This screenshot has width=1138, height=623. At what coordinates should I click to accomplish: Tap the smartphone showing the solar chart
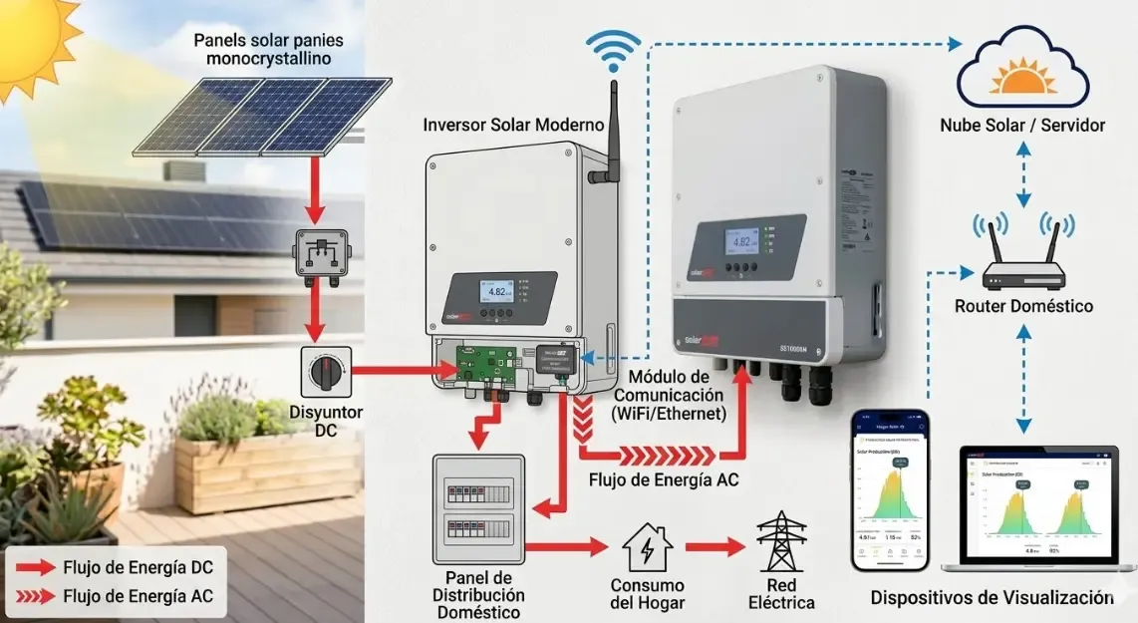890,489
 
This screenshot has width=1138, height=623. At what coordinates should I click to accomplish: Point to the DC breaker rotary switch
325,372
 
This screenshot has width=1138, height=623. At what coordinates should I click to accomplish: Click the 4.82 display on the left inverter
497,292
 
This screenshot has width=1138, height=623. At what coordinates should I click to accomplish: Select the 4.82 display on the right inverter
741,241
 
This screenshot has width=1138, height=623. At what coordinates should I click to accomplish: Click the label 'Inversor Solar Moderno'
513,125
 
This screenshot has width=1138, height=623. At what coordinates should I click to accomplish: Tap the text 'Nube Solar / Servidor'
1021,126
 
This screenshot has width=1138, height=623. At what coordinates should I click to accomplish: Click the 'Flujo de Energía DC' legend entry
138,568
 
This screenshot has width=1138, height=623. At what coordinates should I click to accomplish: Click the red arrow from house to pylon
713,546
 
